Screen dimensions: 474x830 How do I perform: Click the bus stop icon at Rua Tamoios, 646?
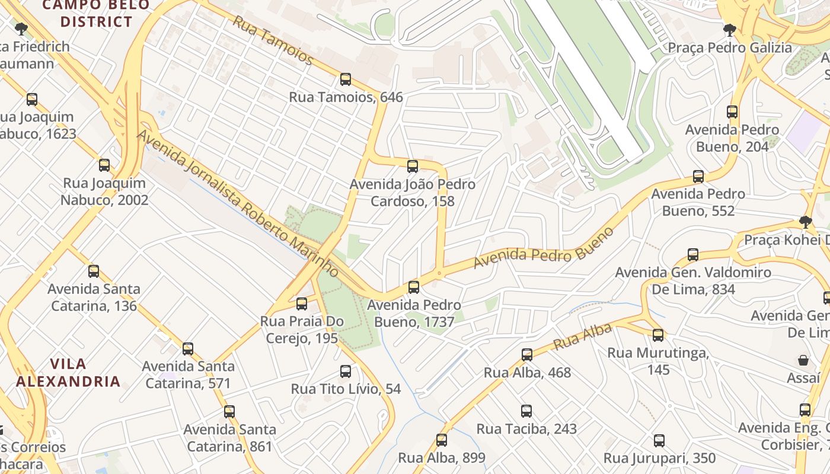[346, 79]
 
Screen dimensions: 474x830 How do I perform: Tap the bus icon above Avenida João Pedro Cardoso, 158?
[413, 166]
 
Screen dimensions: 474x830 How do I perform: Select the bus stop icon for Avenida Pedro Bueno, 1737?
[414, 287]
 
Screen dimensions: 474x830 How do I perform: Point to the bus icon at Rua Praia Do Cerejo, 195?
[302, 303]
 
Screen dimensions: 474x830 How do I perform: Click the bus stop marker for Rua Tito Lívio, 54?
[346, 371]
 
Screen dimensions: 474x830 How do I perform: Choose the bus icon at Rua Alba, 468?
[527, 354]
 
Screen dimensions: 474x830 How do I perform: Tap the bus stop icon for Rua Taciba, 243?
[526, 411]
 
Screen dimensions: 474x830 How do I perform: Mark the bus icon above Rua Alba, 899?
[442, 440]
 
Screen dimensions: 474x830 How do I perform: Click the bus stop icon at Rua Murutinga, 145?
[658, 335]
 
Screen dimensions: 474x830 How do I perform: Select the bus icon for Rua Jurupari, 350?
[659, 440]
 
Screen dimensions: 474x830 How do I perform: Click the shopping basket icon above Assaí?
[803, 360]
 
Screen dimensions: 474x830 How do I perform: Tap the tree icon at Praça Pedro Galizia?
[730, 30]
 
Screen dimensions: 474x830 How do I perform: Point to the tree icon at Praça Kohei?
[805, 222]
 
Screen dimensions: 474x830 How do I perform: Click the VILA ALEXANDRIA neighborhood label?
[68, 373]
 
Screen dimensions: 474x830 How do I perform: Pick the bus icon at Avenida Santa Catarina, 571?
[188, 348]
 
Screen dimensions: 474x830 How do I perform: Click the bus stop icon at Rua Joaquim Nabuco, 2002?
[104, 165]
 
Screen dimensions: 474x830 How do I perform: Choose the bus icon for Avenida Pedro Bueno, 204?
[732, 111]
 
